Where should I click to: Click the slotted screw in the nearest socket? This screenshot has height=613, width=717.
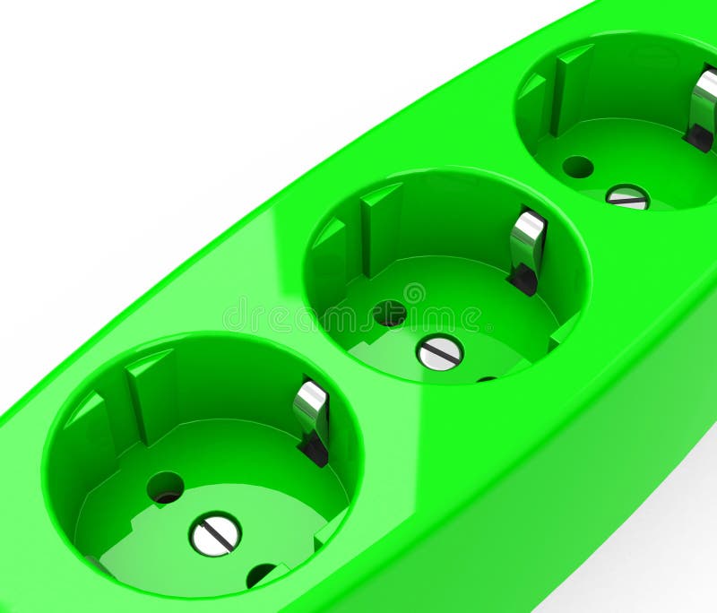point(215,535)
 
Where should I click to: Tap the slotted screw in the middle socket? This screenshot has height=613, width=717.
point(439,352)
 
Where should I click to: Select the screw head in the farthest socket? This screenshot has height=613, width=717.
point(627,197)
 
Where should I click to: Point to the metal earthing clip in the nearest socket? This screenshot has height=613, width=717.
point(312,418)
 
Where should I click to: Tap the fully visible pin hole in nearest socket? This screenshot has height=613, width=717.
point(165,487)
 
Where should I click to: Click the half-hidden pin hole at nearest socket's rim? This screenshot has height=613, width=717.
point(261,574)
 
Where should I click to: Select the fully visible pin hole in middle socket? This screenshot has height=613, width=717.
point(389,313)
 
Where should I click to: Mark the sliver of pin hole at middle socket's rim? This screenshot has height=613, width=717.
point(487,379)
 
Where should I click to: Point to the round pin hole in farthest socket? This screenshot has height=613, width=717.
point(577,167)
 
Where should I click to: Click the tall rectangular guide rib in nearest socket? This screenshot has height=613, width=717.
point(149,394)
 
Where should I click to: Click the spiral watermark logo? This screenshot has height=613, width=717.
point(414,293)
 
